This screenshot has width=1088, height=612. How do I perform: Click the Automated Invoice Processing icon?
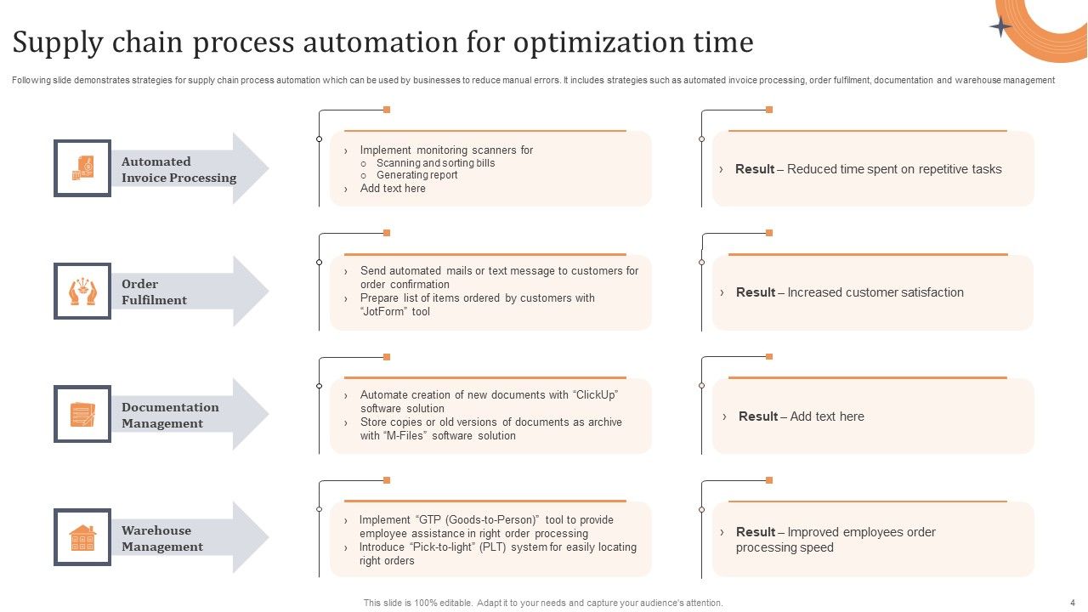[82, 168]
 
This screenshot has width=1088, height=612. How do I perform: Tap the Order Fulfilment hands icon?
[82, 292]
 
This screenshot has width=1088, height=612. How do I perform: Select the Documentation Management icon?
[82, 415]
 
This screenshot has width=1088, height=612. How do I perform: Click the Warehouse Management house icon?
[82, 537]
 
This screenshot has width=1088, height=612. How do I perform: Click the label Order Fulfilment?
[154, 292]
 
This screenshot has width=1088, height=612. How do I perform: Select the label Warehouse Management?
[161, 538]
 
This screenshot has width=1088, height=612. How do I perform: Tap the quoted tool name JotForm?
[384, 312]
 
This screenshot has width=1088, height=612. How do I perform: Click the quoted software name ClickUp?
[596, 394]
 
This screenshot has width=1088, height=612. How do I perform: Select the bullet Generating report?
[416, 175]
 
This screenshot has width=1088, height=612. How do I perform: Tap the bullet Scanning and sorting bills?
[435, 163]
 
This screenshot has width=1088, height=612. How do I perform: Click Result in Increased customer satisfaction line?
[755, 292]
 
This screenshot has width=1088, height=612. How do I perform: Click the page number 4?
[1072, 603]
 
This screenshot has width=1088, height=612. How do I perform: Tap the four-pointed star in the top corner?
[1001, 27]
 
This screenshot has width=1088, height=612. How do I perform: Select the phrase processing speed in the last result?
[785, 547]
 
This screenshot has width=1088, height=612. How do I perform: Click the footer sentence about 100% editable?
[543, 603]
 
